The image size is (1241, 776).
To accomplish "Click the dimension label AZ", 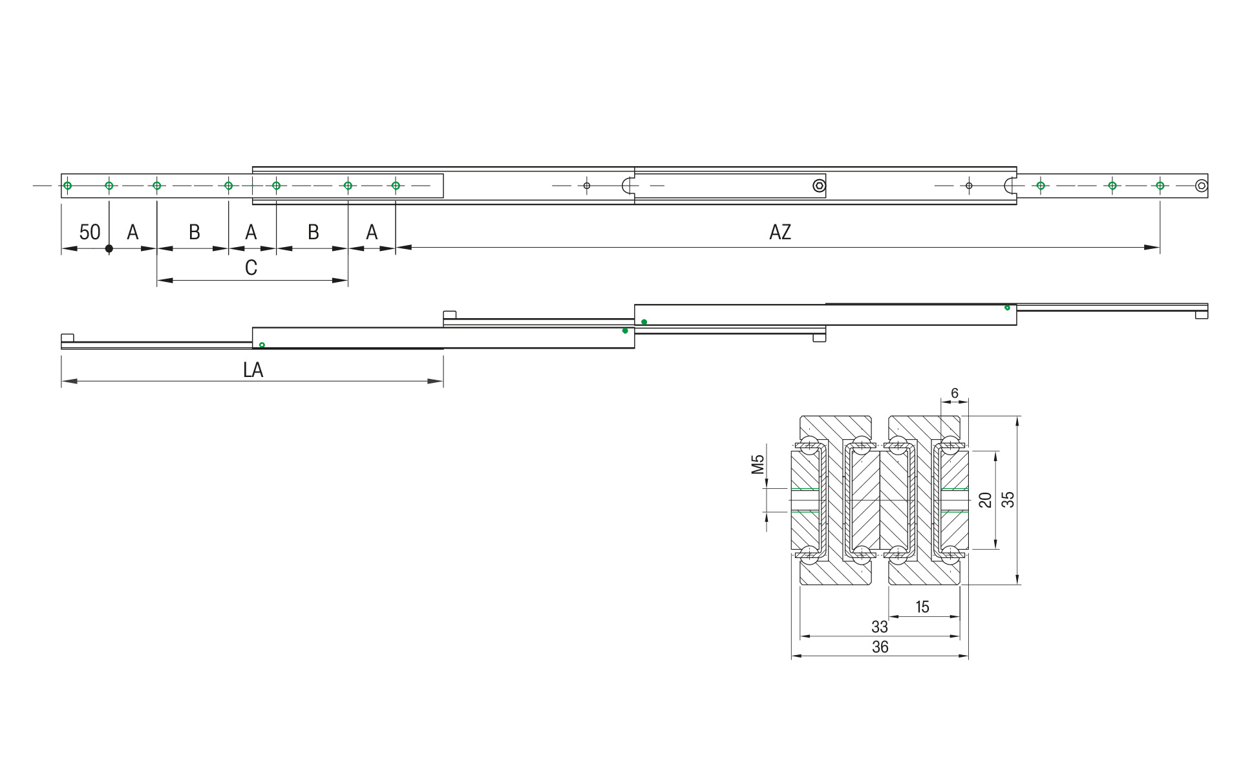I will tap(780, 232).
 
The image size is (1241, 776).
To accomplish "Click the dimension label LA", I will tap(253, 370).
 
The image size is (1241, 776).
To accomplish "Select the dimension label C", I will tap(251, 268).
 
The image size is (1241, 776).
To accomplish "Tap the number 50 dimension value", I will tap(89, 232).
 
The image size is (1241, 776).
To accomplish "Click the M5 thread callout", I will tap(758, 464).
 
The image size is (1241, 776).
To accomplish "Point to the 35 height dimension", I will tap(1008, 499).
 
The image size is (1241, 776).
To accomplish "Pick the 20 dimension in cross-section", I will tap(985, 499).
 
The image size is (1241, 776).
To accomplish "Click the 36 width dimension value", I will tap(880, 647).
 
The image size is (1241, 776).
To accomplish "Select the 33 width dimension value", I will tap(879, 627).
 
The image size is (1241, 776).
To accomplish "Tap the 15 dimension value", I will tap(922, 607).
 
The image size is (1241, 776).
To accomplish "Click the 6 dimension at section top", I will tap(954, 393).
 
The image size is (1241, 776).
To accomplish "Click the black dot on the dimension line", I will tap(109, 248).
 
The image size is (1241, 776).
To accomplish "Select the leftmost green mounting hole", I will tap(67, 186).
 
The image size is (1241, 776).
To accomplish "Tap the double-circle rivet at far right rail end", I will tap(1201, 186).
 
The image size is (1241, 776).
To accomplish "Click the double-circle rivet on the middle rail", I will tap(819, 186).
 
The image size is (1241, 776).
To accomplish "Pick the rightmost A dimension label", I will tap(372, 232).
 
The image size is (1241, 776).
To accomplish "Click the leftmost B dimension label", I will tap(194, 232).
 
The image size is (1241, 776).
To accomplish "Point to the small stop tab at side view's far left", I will tap(68, 338).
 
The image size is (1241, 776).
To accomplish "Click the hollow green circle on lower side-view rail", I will tap(262, 345).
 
